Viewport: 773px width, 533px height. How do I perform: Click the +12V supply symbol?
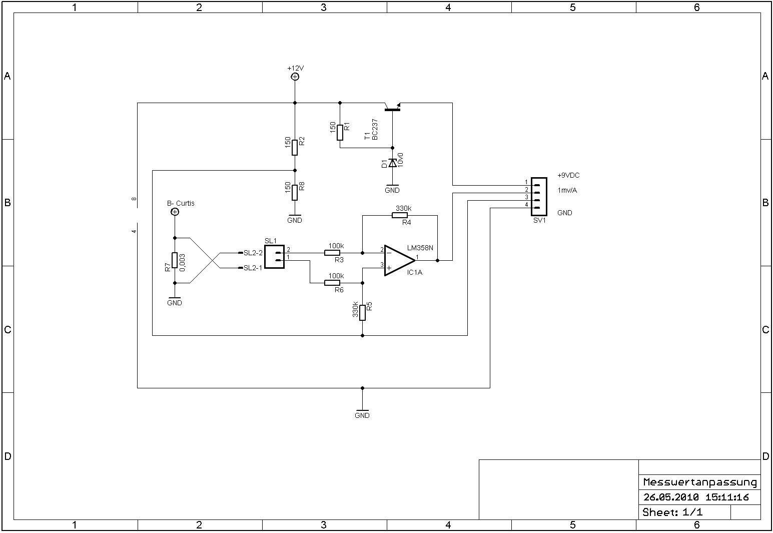pyautogui.click(x=295, y=77)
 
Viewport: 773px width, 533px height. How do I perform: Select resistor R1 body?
pyautogui.click(x=340, y=133)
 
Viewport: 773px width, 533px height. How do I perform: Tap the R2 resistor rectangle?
pyautogui.click(x=295, y=148)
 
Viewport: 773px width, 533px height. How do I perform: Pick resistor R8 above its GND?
pyautogui.click(x=295, y=192)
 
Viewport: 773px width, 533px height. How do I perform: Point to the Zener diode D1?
pyautogui.click(x=392, y=163)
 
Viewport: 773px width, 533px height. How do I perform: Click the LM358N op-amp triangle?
pyautogui.click(x=399, y=260)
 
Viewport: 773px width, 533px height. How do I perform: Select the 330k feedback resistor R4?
pyautogui.click(x=399, y=215)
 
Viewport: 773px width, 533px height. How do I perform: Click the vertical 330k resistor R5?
pyautogui.click(x=362, y=312)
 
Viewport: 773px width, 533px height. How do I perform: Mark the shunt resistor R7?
pyautogui.click(x=175, y=260)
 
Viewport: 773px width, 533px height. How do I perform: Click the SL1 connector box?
pyautogui.click(x=274, y=256)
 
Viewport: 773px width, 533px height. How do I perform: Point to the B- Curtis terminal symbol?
pyautogui.click(x=175, y=212)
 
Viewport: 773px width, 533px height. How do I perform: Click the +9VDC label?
pyautogui.click(x=568, y=176)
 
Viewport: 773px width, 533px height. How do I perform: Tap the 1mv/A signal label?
pyautogui.click(x=567, y=190)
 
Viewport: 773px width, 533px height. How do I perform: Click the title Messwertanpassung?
pyautogui.click(x=699, y=482)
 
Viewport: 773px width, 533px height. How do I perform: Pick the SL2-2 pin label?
pyautogui.click(x=253, y=253)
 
